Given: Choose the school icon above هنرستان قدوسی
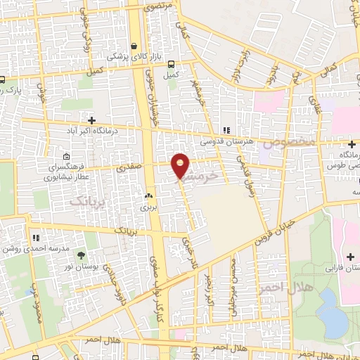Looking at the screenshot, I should click(226, 130).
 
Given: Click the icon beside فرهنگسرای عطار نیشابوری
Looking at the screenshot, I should click(66, 156).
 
